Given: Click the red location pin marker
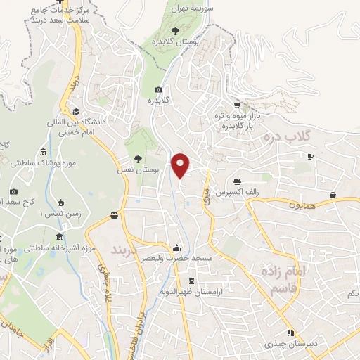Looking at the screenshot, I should pyautogui.click(x=181, y=165).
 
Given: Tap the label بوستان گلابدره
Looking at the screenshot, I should pyautogui.click(x=175, y=42).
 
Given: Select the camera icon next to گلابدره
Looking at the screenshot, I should pyautogui.click(x=158, y=89).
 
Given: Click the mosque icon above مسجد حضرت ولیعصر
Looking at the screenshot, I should pyautogui.click(x=176, y=247).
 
